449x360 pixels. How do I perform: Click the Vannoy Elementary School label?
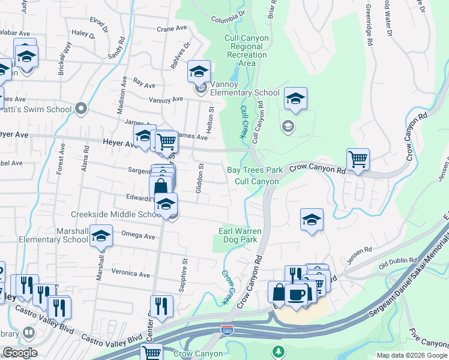(x=242, y=92)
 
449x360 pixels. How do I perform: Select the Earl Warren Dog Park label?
(x=238, y=235)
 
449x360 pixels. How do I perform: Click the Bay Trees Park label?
(x=254, y=170)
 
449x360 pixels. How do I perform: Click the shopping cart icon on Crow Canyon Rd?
(x=358, y=160)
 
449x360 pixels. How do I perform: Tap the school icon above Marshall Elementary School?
(x=101, y=236)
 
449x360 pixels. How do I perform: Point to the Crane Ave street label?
(x=172, y=28)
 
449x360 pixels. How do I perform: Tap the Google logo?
(x=19, y=352)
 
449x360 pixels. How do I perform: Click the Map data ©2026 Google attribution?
(x=411, y=355)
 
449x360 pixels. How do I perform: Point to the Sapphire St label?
(x=185, y=269)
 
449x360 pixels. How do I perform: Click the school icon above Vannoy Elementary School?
(x=199, y=72)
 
